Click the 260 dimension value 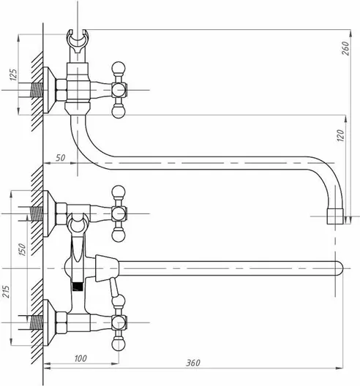pos(346,48)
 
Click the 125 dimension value pos(14,75)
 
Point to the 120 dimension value pos(340,135)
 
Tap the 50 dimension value pos(60,158)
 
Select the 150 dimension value pos(23,249)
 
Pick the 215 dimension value pos(6,292)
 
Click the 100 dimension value pos(80,358)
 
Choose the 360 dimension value pos(193,363)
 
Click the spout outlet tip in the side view pos(335,216)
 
